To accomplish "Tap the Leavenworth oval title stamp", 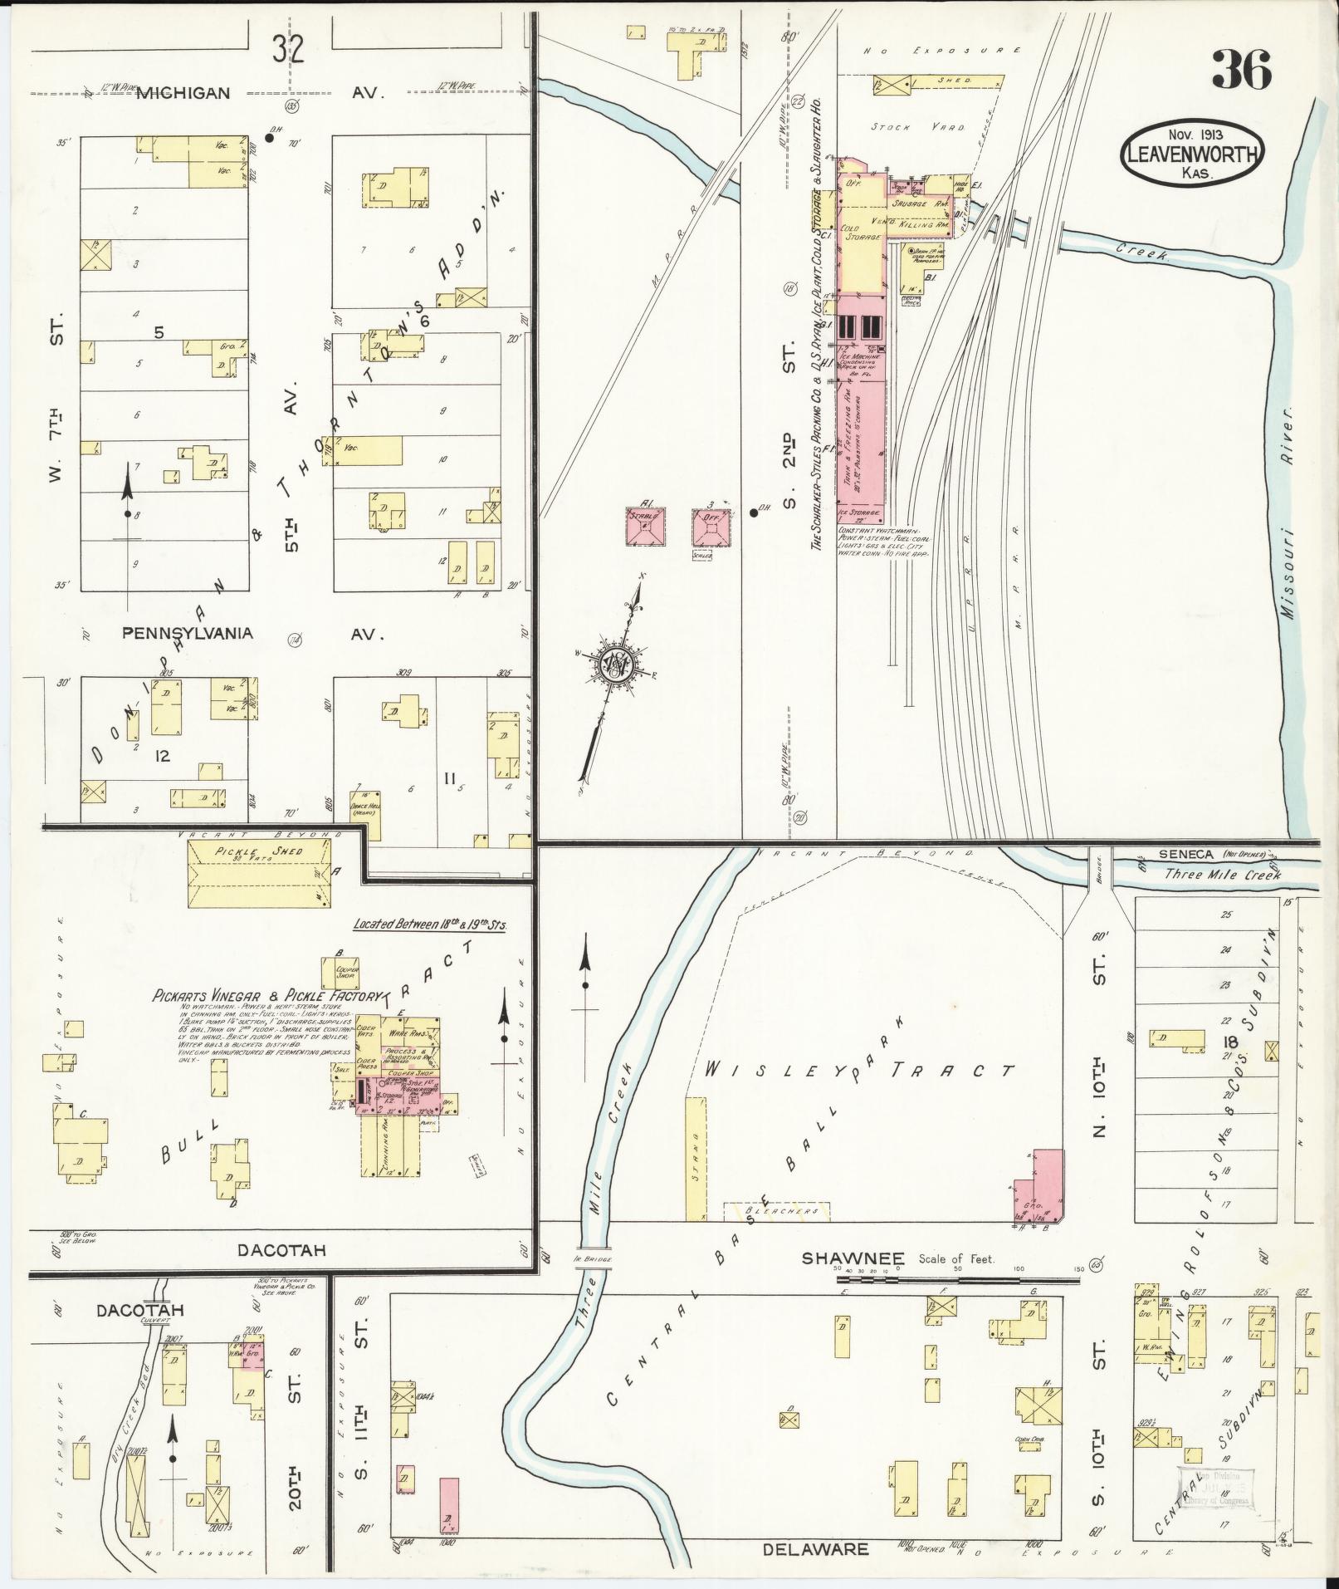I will [1192, 152].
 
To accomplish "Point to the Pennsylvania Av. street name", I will [188, 633].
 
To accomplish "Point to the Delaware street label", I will [816, 1549].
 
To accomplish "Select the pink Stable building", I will [645, 526].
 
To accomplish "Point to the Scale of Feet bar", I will [959, 1302].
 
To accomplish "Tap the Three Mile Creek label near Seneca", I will [1222, 874].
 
